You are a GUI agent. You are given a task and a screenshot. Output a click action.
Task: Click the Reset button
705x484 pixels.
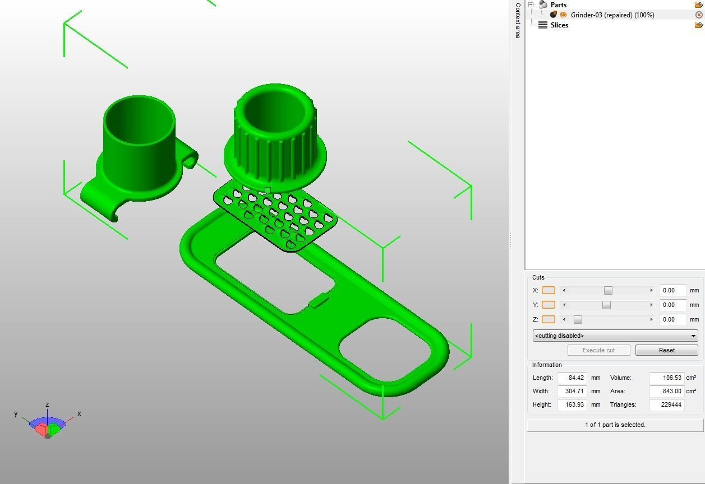(666, 350)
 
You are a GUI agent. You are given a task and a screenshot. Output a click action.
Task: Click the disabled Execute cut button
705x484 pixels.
(598, 350)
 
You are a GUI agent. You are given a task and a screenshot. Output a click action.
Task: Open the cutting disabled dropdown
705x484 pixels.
(615, 336)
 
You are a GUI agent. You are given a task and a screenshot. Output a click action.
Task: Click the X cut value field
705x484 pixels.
(672, 290)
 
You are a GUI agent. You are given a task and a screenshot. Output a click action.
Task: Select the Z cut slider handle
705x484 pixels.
(578, 319)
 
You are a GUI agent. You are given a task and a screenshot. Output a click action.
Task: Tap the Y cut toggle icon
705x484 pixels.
(548, 305)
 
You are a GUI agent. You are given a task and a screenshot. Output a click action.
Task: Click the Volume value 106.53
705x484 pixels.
(666, 378)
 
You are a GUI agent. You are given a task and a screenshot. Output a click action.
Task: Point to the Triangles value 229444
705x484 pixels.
(666, 404)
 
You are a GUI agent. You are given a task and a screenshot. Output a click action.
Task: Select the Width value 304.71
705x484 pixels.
(572, 391)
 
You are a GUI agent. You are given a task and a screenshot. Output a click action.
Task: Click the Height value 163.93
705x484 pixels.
(572, 404)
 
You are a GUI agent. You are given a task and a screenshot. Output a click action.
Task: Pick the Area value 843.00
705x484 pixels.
(666, 391)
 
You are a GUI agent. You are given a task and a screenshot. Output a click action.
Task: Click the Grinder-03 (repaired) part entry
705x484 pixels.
(612, 15)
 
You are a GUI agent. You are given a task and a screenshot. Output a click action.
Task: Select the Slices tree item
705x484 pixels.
(559, 25)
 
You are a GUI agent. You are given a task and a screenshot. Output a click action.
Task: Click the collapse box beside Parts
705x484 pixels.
(531, 5)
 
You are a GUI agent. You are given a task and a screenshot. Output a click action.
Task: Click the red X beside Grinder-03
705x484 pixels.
(699, 15)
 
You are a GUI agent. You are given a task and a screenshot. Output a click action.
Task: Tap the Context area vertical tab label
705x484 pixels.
(518, 20)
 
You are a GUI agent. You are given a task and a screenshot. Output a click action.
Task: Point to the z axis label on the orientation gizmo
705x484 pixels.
(48, 404)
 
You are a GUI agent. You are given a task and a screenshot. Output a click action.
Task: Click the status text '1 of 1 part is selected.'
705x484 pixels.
(615, 425)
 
